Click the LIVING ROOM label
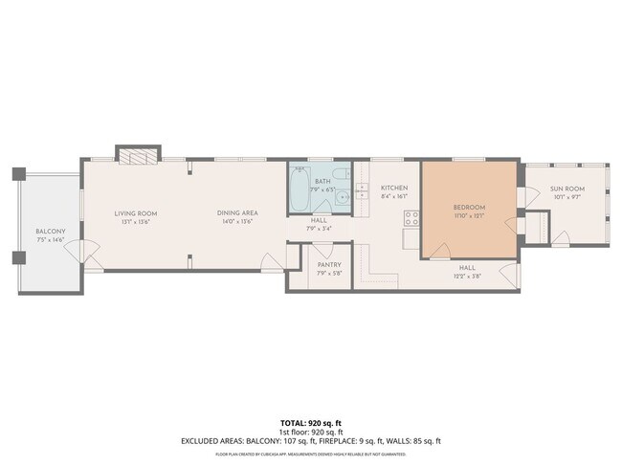[x=135, y=213]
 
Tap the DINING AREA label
[x=235, y=213]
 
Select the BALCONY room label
[x=51, y=232]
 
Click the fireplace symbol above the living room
[x=137, y=154]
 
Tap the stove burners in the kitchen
[x=411, y=217]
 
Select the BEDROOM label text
[x=469, y=208]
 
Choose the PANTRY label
[x=327, y=267]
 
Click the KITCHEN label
[x=394, y=188]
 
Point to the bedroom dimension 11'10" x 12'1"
[x=469, y=216]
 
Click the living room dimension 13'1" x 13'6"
[x=135, y=222]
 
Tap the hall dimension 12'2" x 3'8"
[x=467, y=276]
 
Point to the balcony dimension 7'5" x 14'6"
[x=51, y=239]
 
